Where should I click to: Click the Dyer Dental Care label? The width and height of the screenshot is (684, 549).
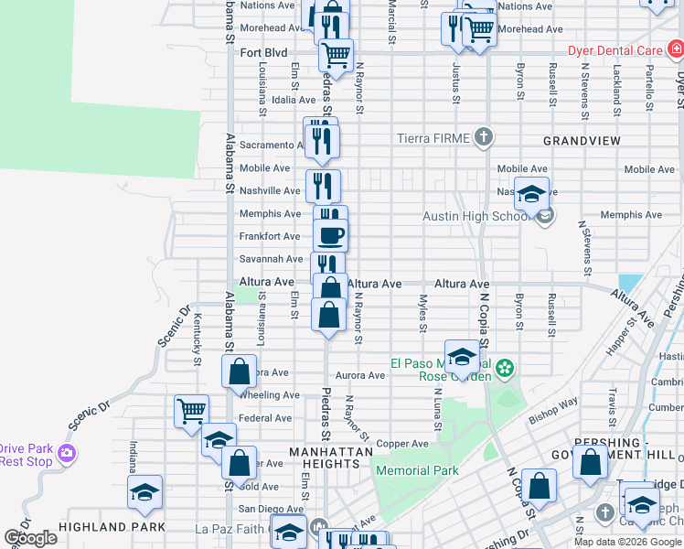point(615,51)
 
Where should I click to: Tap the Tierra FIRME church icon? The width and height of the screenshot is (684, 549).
point(484,138)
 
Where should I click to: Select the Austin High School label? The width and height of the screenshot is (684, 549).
point(476,217)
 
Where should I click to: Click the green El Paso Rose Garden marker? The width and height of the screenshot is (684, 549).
point(505,369)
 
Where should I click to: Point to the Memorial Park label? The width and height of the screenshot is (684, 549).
point(417,470)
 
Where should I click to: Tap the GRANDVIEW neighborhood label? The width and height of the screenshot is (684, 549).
point(582,141)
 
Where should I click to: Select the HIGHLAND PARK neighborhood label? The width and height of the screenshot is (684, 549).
point(112,527)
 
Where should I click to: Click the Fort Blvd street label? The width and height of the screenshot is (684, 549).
point(263,53)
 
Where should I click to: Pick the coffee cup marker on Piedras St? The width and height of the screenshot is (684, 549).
point(330,234)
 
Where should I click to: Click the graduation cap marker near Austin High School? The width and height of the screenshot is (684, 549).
point(530,193)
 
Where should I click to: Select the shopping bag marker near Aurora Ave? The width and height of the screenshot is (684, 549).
point(239,371)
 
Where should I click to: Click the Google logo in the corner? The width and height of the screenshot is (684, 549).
point(30,538)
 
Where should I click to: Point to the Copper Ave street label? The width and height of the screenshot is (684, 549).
point(401,444)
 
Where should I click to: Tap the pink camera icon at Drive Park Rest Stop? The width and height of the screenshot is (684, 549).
point(65,454)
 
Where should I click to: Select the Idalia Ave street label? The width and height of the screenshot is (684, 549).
point(294,100)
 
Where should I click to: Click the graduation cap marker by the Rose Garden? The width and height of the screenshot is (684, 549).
point(462,356)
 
